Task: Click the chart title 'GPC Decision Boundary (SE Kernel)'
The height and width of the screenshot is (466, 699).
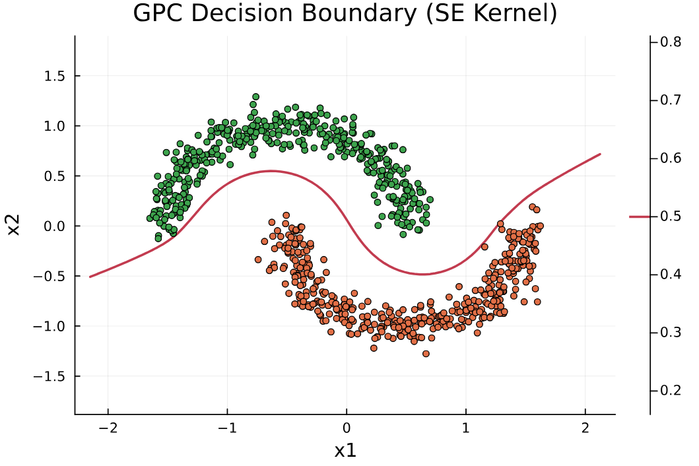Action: click(x=345, y=13)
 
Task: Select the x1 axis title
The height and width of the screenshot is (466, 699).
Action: click(x=345, y=451)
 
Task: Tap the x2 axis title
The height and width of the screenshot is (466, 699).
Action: click(x=14, y=225)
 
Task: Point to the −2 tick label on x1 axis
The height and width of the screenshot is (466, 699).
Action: click(x=108, y=428)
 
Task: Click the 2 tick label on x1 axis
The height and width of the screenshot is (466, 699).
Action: click(x=585, y=428)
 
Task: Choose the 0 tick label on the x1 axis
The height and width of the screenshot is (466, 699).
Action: click(x=347, y=428)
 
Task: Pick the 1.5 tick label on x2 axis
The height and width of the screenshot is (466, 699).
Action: click(x=54, y=77)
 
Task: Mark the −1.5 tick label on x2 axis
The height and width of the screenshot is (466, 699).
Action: click(x=49, y=376)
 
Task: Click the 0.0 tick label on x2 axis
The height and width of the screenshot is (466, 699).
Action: click(x=54, y=226)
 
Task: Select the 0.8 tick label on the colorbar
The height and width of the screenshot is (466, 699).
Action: click(x=671, y=42)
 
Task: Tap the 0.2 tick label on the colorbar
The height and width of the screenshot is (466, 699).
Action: click(x=671, y=391)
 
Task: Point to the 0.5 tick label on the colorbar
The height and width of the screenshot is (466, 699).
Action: click(x=671, y=216)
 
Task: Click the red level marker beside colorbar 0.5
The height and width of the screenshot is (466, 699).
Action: click(x=640, y=216)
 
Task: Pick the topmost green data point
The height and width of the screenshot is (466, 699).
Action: click(x=256, y=97)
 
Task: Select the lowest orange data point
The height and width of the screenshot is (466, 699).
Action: click(x=426, y=354)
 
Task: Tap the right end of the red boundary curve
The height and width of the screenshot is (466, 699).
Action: click(x=600, y=154)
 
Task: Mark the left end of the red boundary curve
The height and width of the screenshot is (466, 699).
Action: click(x=90, y=277)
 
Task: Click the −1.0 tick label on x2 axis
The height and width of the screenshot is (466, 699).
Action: click(x=49, y=327)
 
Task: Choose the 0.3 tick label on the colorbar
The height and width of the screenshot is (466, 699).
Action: click(x=671, y=333)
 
